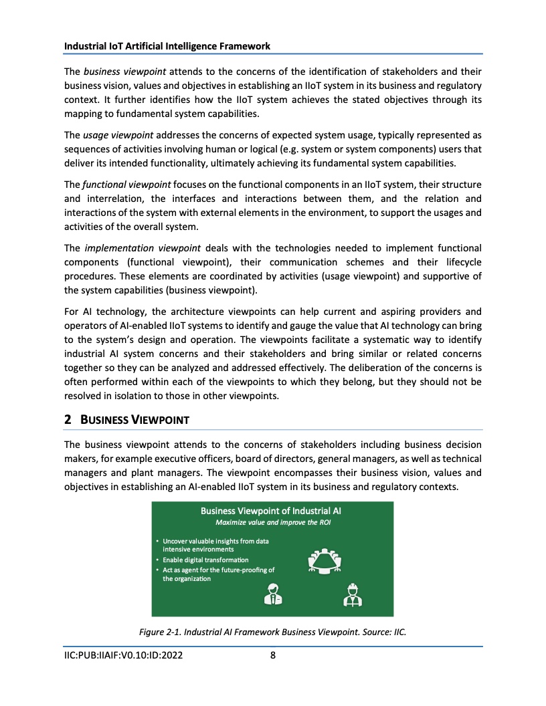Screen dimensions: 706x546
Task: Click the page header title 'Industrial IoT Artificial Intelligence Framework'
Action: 167,46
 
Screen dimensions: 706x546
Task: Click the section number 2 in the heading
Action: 68,420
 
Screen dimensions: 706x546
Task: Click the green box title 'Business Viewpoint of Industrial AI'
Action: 272,511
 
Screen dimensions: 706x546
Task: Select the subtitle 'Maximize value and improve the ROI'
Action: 272,522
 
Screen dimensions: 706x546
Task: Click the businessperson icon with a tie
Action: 272,594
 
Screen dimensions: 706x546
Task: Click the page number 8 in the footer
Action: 273,655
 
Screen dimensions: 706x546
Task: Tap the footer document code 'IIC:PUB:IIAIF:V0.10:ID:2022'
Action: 124,655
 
